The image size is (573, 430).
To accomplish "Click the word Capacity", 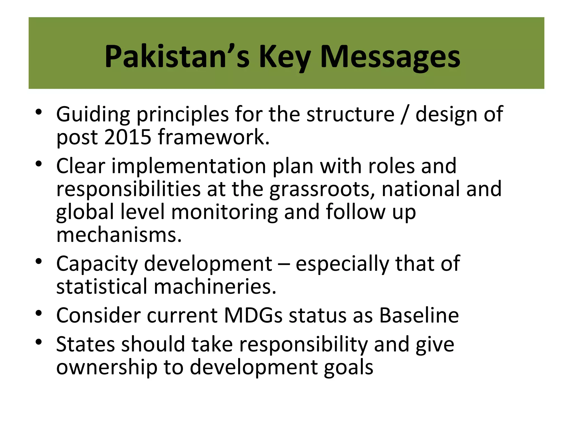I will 97,264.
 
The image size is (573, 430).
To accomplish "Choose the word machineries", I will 215,287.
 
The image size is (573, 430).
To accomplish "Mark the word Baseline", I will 419,316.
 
